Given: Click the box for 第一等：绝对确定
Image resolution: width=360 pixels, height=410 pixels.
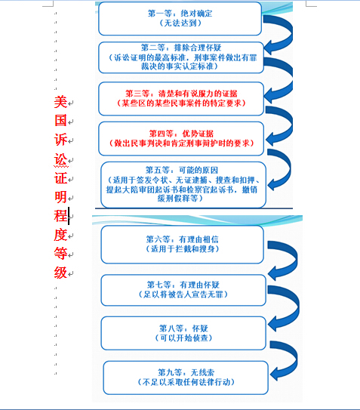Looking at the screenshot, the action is [x=180, y=19].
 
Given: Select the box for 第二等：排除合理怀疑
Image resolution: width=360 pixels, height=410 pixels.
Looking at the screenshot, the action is [x=181, y=57].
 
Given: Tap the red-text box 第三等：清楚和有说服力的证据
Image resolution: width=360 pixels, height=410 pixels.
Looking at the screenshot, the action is [x=181, y=99].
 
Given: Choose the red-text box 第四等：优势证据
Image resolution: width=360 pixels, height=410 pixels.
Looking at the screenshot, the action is [x=181, y=139].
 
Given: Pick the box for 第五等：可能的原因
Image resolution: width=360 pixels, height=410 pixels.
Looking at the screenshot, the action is [x=183, y=185].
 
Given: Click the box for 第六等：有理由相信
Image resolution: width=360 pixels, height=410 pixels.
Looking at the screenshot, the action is [x=182, y=245].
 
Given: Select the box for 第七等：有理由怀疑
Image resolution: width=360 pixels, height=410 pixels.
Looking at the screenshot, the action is [x=183, y=290].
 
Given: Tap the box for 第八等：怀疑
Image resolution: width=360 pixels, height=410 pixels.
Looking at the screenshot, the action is [x=183, y=333].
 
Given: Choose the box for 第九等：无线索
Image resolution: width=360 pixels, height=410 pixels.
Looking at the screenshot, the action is [x=186, y=378].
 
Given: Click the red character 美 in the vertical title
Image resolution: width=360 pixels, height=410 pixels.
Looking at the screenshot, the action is [x=60, y=102].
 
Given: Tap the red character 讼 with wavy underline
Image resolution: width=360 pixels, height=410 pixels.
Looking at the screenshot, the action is [x=60, y=159].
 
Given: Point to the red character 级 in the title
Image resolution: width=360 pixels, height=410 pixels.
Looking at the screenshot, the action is [x=60, y=273].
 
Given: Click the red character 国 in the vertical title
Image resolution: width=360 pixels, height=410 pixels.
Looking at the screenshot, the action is [x=60, y=121].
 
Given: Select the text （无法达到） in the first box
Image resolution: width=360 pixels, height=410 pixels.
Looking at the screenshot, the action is [x=180, y=23].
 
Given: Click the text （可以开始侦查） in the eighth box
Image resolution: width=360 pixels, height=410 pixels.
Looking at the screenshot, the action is [x=183, y=338].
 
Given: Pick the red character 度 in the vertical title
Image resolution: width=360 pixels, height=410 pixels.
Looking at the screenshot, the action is [x=60, y=235].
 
